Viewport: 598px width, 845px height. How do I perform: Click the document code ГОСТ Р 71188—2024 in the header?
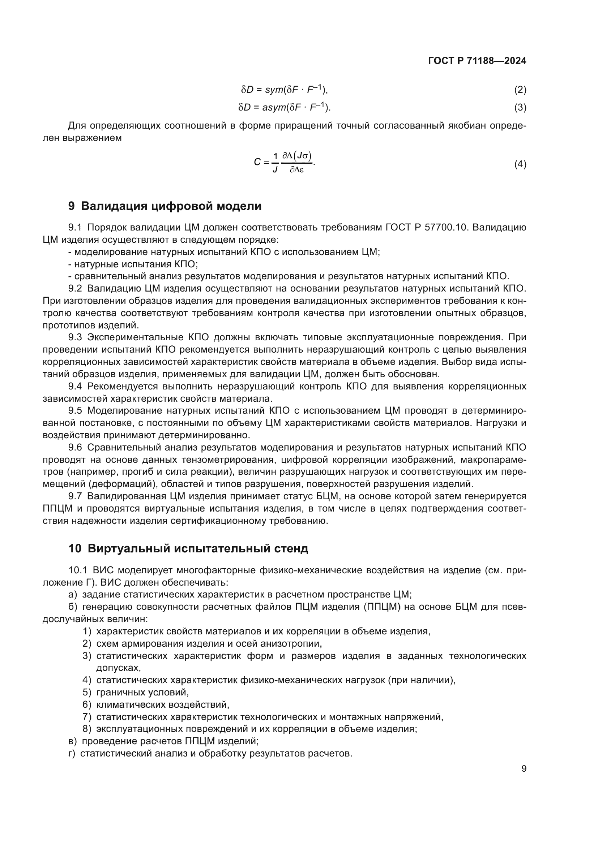pos(477,61)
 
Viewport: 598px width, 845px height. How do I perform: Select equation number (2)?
pos(520,90)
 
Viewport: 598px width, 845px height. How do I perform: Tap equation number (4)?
pos(520,164)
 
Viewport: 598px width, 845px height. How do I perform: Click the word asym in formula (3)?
pos(274,107)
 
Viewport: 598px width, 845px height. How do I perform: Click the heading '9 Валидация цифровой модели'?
pos(165,206)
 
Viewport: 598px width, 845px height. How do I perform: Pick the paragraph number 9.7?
pos(75,496)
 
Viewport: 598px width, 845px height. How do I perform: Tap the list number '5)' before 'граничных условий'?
pos(87,693)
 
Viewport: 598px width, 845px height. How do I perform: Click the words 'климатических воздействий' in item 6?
pos(162,705)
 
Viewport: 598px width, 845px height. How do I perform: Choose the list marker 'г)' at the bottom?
pos(72,754)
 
